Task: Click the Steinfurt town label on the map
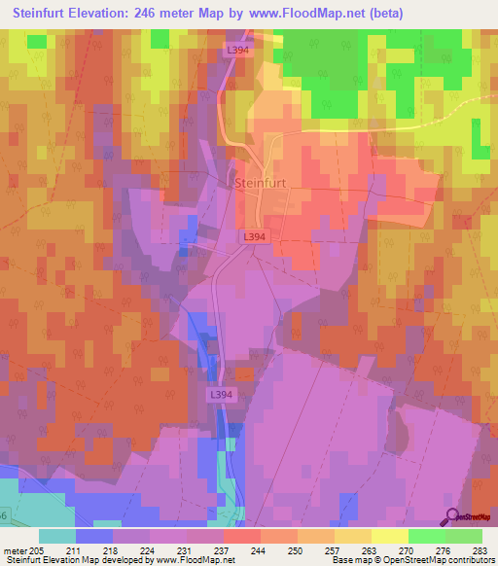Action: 264,181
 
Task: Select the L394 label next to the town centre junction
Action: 254,236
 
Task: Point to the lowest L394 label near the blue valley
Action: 221,394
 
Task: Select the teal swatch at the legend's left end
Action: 57,535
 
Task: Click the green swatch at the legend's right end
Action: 463,535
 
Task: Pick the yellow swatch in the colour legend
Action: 389,535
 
